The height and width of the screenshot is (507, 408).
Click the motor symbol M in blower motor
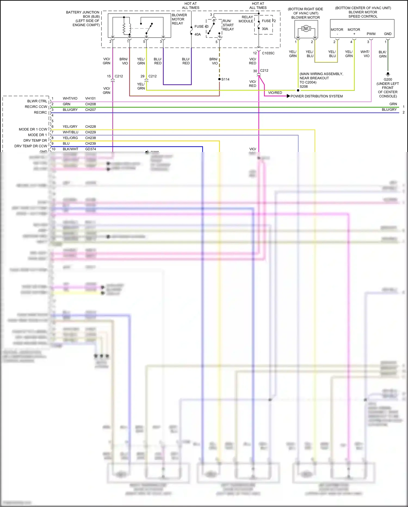click(x=306, y=28)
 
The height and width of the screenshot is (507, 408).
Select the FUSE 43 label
click(x=201, y=26)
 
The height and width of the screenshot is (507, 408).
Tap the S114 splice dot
click(x=220, y=79)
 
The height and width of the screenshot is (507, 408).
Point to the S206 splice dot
click(x=298, y=90)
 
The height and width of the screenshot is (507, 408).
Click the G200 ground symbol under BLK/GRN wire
click(x=388, y=74)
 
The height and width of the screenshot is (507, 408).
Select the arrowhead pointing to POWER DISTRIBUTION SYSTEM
click(x=288, y=96)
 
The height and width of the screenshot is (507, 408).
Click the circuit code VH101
click(x=90, y=98)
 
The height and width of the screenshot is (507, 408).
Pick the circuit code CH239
click(x=90, y=143)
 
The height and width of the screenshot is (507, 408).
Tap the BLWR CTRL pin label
click(x=37, y=101)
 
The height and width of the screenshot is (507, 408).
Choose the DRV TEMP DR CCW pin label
click(x=31, y=146)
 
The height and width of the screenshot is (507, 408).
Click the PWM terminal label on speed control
click(x=371, y=34)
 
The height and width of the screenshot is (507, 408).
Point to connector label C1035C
click(x=268, y=53)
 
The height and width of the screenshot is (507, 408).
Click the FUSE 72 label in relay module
click(x=268, y=21)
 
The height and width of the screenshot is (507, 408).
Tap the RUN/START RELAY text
click(x=228, y=25)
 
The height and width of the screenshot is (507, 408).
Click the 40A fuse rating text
click(x=197, y=34)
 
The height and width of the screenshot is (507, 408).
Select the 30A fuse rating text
click(x=265, y=29)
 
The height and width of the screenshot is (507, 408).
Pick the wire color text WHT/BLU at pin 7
click(x=70, y=132)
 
